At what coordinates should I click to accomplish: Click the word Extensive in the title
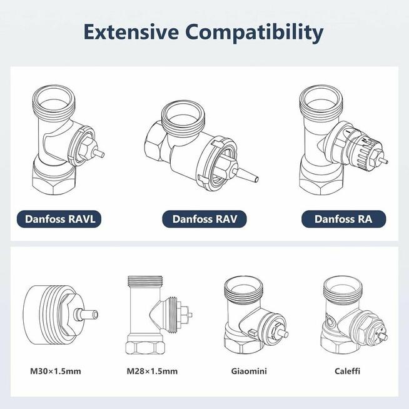131,32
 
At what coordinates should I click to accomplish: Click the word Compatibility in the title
255,33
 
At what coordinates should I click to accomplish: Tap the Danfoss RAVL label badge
59,219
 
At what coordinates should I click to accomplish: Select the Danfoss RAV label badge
204,219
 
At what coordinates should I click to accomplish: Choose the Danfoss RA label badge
343,219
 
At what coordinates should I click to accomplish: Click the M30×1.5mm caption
56,371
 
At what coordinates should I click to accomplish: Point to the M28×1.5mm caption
152,371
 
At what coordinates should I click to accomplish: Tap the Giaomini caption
249,371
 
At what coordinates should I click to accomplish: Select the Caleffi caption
347,371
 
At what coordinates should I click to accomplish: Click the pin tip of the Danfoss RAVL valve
103,154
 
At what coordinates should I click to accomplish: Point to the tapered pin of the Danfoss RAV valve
247,175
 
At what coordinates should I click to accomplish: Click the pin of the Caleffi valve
383,336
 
